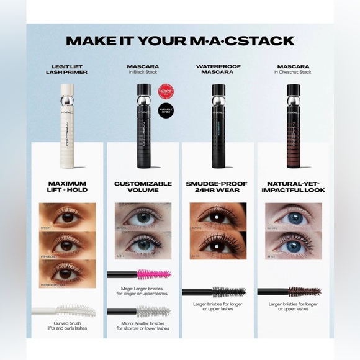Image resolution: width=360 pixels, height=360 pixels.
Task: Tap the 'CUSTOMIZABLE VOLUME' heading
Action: pyautogui.click(x=143, y=188)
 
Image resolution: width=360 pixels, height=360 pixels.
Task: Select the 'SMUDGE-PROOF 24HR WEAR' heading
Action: pyautogui.click(x=217, y=188)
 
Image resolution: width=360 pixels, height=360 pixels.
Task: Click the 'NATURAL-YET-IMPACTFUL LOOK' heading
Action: pyautogui.click(x=292, y=188)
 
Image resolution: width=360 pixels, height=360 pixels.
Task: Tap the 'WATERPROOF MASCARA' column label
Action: pyautogui.click(x=218, y=69)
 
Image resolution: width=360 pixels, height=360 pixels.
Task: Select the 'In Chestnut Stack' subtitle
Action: pyautogui.click(x=292, y=73)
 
